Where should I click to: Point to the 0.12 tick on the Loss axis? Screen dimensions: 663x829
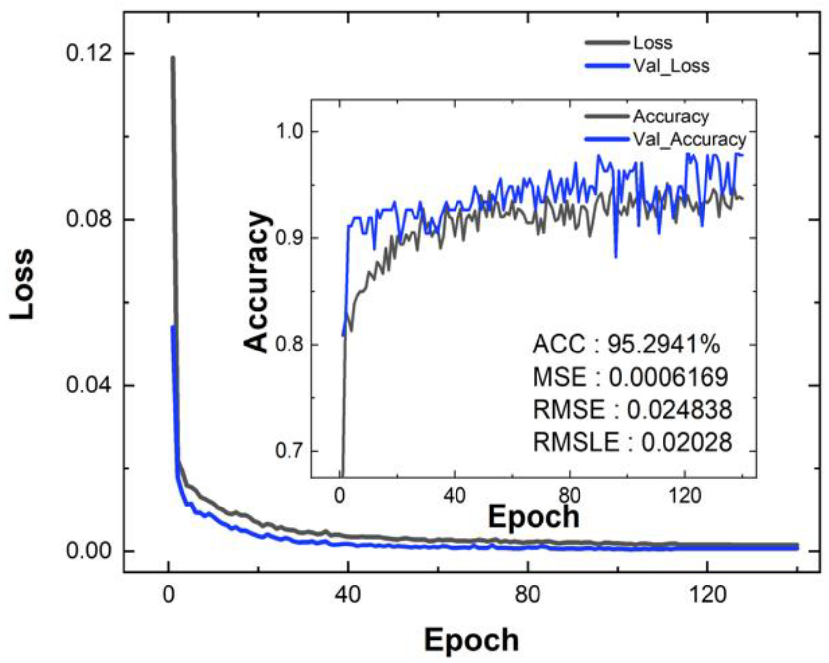click(x=89, y=53)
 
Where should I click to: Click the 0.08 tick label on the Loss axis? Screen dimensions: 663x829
click(x=89, y=219)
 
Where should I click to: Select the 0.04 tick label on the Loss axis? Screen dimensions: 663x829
click(x=89, y=385)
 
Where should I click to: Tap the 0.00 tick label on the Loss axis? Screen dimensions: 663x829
click(x=89, y=551)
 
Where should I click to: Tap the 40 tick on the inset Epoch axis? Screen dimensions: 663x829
click(x=455, y=495)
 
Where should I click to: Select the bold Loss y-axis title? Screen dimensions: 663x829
click(x=23, y=284)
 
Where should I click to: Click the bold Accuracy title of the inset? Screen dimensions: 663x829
click(x=257, y=281)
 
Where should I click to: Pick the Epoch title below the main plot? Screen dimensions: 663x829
click(x=471, y=640)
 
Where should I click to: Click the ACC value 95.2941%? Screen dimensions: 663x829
click(x=663, y=344)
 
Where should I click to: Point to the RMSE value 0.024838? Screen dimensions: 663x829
click(x=679, y=410)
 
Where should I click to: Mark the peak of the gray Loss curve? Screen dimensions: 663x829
click(x=173, y=58)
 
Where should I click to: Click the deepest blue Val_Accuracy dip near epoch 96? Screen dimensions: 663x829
click(x=616, y=257)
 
